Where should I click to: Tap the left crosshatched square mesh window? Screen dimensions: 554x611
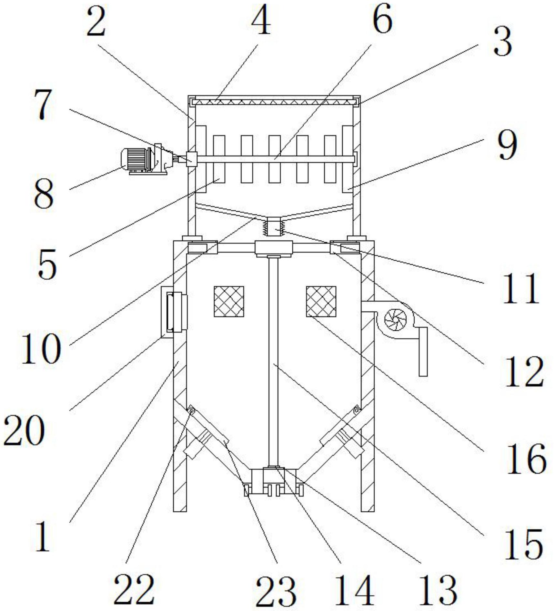[229, 301]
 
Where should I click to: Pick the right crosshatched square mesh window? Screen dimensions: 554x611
[321, 301]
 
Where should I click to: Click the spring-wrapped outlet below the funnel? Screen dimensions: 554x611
[274, 227]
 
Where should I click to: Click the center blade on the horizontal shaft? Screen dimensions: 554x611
[275, 159]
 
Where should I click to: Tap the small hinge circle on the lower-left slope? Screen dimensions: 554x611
[192, 411]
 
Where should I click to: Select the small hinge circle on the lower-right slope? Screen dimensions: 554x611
[357, 410]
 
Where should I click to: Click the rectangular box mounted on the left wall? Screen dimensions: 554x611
[174, 312]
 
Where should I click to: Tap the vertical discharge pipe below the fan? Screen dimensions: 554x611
[423, 352]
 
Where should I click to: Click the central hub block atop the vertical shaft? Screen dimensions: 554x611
[274, 248]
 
